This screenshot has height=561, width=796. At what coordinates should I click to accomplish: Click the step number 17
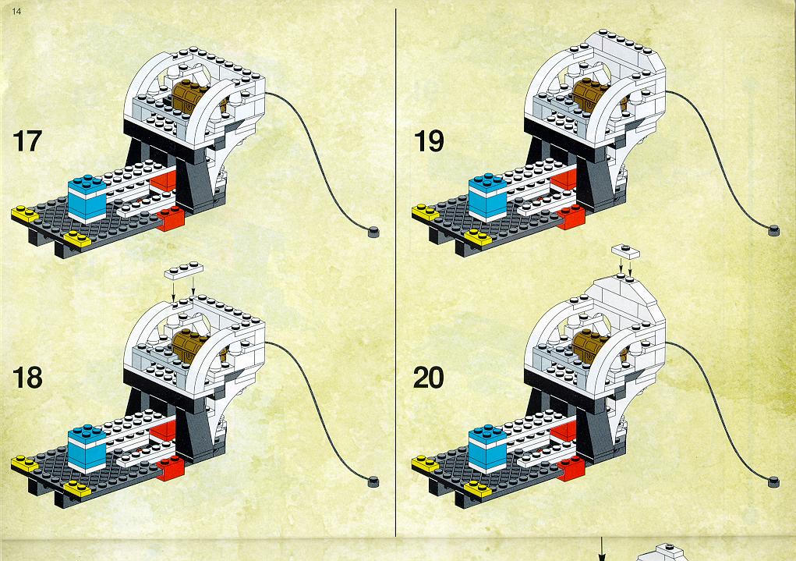(x=27, y=140)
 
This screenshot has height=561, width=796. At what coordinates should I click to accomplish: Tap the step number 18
(x=27, y=378)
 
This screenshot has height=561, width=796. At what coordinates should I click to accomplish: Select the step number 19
(x=429, y=140)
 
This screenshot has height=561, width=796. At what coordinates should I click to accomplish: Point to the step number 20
(x=429, y=378)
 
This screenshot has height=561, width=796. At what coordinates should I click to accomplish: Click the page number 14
(x=16, y=11)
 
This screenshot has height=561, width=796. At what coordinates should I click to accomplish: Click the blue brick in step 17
(x=87, y=200)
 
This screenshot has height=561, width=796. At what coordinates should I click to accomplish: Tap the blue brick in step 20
(x=488, y=449)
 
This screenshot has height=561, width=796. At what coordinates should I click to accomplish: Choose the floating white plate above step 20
(x=625, y=251)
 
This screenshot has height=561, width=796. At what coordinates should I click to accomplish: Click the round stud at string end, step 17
(x=373, y=232)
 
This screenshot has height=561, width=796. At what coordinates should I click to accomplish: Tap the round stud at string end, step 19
(x=773, y=230)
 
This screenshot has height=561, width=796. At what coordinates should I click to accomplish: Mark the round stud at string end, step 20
(x=773, y=481)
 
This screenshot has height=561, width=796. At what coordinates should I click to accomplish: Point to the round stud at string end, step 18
(x=373, y=481)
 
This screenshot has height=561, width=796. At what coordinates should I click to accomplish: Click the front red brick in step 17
(x=171, y=218)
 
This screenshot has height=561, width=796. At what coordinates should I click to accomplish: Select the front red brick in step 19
(x=571, y=217)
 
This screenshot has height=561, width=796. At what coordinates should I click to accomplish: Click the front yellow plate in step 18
(x=77, y=489)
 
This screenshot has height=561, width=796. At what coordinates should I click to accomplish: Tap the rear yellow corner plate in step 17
(x=25, y=214)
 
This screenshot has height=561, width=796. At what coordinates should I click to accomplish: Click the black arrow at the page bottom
(x=603, y=549)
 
